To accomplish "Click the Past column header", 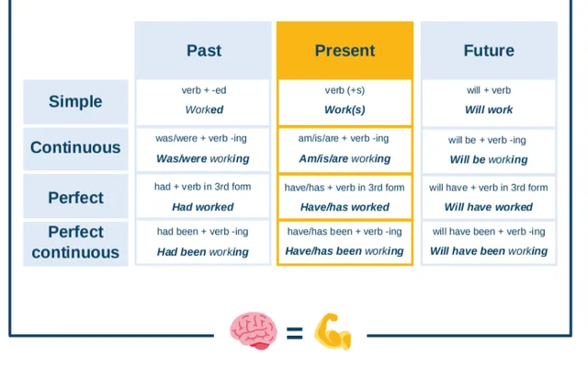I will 203,51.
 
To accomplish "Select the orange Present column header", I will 345,51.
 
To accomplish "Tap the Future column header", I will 488,51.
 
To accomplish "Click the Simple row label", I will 75,101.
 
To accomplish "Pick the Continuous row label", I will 75,148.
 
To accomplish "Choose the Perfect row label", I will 75,198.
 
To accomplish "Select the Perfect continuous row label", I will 75,242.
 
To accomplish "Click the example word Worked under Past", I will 204,110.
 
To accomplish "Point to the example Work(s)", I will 345,110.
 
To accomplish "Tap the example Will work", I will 488,110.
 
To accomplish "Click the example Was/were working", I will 203,159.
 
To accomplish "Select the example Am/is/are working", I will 345,159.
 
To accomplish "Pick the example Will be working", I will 488,159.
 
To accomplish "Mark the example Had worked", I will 203,208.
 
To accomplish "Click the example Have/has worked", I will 345,208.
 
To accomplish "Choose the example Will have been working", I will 488,251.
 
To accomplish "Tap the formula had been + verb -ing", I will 203,232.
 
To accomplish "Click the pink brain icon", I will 253,331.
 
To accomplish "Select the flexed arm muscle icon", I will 333,332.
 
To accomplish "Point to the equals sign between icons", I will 294,333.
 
